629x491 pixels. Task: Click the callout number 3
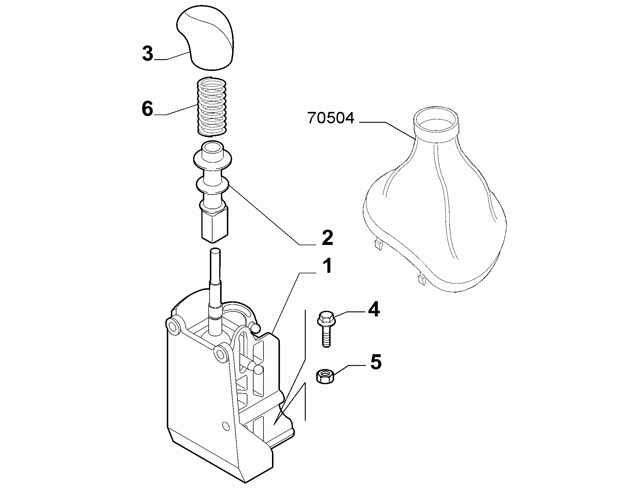148,54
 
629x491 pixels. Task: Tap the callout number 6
147,109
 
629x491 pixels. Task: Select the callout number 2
327,238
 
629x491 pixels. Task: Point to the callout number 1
327,266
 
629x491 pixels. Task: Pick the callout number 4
373,310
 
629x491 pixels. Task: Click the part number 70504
331,118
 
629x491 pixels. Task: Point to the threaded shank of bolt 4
326,337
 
